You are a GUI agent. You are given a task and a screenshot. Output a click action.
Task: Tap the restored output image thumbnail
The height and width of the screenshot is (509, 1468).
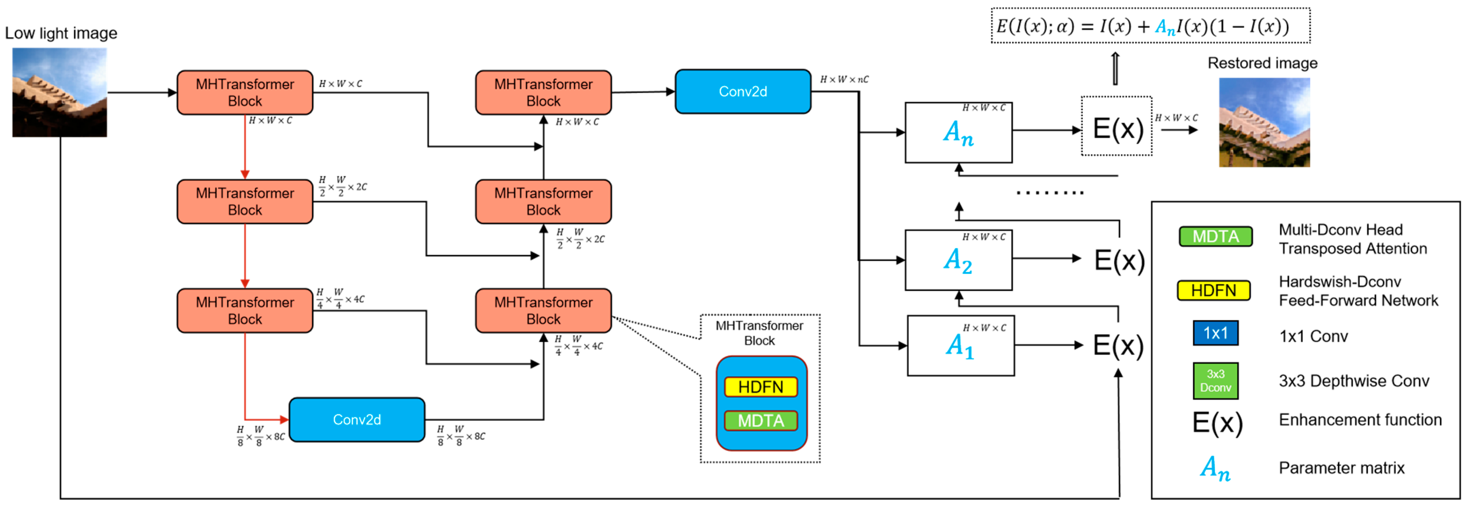pyautogui.click(x=1264, y=122)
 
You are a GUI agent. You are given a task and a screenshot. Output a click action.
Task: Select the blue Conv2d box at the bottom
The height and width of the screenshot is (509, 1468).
pyautogui.click(x=357, y=420)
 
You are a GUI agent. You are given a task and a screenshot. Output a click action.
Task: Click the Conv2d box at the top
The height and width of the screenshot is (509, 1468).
pyautogui.click(x=743, y=92)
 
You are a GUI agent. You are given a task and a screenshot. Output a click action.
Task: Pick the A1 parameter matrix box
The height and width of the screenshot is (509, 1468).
pyautogui.click(x=960, y=345)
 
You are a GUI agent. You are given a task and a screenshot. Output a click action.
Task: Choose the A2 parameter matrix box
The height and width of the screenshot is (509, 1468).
pyautogui.click(x=958, y=260)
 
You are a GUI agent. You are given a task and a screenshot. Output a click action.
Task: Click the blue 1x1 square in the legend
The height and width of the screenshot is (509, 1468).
pyautogui.click(x=1216, y=333)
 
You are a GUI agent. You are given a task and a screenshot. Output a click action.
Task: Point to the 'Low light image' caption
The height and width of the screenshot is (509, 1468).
pyautogui.click(x=61, y=33)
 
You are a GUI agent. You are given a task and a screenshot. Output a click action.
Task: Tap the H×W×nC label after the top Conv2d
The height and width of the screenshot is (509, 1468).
pyautogui.click(x=844, y=79)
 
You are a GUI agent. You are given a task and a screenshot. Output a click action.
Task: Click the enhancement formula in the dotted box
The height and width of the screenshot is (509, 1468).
pyautogui.click(x=1150, y=26)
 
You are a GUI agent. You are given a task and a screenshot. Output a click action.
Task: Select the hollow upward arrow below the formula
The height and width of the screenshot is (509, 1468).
pyautogui.click(x=1116, y=68)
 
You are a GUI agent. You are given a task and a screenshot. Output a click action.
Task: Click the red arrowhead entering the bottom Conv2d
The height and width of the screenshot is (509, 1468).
pyautogui.click(x=283, y=420)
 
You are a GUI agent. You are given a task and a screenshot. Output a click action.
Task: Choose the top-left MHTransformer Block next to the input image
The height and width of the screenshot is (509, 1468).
pyautogui.click(x=245, y=92)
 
